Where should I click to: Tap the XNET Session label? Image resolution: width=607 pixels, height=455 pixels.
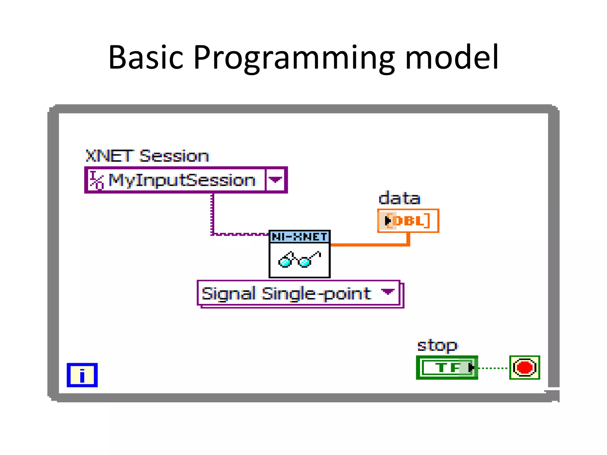147,156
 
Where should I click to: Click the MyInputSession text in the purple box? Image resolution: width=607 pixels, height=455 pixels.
181,180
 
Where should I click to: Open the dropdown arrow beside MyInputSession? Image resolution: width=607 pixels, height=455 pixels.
275,180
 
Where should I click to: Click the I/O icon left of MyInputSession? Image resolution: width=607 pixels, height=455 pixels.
97,180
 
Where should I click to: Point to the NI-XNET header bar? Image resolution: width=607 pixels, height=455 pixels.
299,237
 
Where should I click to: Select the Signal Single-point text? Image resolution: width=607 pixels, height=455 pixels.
286,294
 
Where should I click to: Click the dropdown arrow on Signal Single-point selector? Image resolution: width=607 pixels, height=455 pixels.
387,292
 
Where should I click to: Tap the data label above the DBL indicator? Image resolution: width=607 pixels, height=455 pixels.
399,198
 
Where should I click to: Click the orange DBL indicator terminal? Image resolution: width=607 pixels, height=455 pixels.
408,221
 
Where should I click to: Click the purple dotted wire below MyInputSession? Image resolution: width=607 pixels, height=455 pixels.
212,213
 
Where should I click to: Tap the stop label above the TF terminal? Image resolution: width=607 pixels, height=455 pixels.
437,345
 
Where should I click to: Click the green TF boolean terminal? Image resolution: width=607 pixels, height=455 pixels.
447,368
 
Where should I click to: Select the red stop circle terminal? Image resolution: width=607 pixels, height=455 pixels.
524,368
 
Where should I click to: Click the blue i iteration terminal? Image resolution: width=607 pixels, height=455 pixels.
82,375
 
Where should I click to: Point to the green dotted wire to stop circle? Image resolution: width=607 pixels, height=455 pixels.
493,368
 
